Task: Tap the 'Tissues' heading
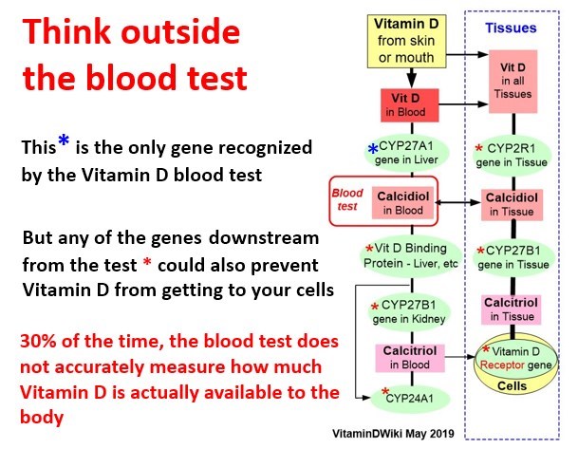point(513,28)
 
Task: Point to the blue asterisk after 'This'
point(64,142)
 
